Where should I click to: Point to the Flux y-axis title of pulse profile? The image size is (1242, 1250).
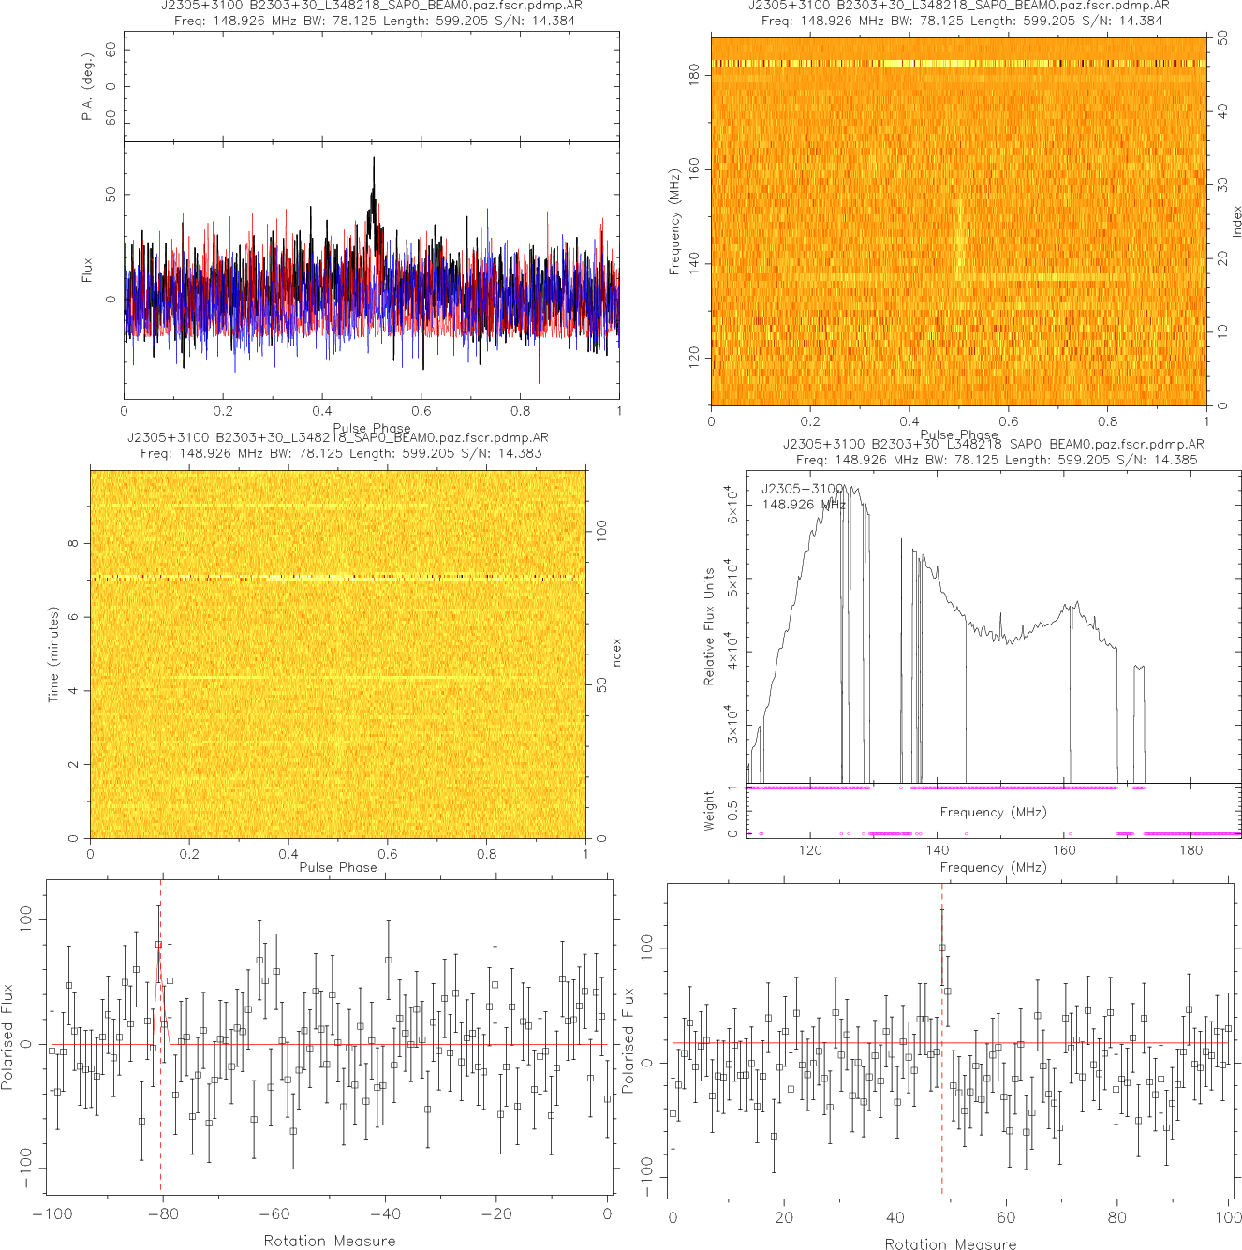click(x=87, y=270)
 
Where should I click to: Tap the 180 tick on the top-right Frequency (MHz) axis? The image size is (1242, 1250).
click(x=694, y=75)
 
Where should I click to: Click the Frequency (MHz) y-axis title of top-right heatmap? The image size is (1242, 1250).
click(x=674, y=222)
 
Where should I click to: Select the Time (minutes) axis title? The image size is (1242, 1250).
click(x=53, y=654)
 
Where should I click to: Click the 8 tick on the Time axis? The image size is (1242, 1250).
click(x=73, y=544)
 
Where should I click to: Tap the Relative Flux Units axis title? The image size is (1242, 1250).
click(x=709, y=626)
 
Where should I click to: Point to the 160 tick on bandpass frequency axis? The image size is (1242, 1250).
click(x=1064, y=850)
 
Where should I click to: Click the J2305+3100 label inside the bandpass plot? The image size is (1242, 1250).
click(x=803, y=489)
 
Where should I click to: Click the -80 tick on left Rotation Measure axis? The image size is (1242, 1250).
click(x=162, y=1214)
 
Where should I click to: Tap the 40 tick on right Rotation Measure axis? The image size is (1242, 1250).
click(x=895, y=1217)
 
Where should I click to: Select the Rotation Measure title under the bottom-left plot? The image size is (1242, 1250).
click(x=330, y=1241)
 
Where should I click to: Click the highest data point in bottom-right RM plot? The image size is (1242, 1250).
click(x=942, y=948)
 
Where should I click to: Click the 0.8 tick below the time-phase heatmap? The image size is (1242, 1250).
click(x=487, y=853)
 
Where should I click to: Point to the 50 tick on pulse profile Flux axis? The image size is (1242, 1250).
click(x=111, y=195)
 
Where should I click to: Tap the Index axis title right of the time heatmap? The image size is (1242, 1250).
click(x=615, y=654)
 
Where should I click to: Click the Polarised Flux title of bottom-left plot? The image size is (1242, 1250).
click(x=8, y=1037)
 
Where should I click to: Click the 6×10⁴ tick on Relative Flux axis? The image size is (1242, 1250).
click(x=732, y=504)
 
